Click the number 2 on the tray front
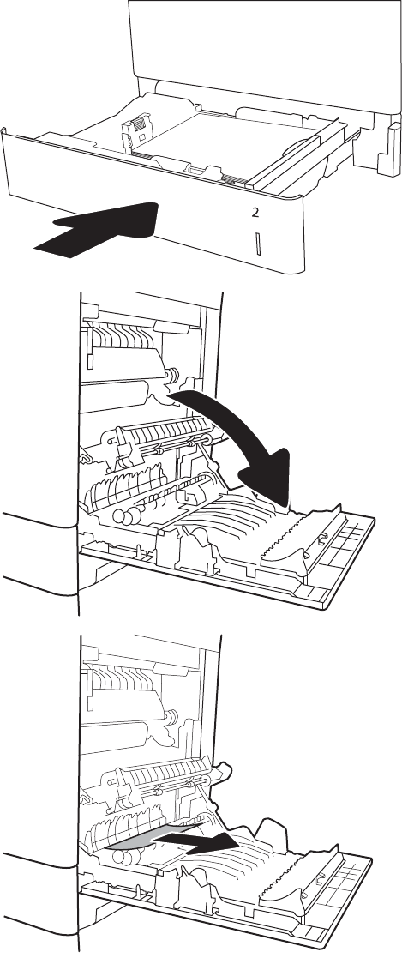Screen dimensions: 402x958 255,213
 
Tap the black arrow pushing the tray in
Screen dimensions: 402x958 98,228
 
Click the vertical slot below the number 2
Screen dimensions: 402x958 258,244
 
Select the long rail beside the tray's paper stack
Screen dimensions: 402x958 293,156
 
